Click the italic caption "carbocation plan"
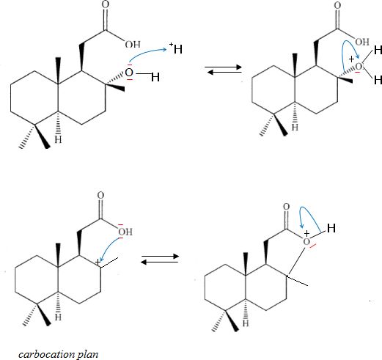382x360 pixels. (x=59, y=354)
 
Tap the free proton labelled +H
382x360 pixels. (x=176, y=48)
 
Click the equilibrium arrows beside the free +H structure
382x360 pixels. (x=223, y=70)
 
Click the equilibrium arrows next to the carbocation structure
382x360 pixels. (x=160, y=259)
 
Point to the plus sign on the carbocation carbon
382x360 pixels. (x=98, y=262)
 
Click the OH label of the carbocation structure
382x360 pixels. (x=125, y=232)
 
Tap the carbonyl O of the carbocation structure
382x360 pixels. (x=100, y=195)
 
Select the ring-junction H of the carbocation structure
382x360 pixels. (x=58, y=317)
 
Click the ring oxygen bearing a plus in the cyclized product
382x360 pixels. (x=306, y=242)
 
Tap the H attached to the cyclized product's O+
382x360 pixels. (x=331, y=228)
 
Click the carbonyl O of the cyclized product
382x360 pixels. (x=286, y=207)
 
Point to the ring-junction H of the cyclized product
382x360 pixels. (x=246, y=323)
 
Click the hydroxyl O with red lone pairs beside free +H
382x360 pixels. (x=129, y=73)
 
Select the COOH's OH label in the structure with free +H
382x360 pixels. (x=133, y=44)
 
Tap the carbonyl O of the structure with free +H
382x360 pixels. (x=106, y=5)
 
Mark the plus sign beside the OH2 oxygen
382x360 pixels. (x=351, y=59)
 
